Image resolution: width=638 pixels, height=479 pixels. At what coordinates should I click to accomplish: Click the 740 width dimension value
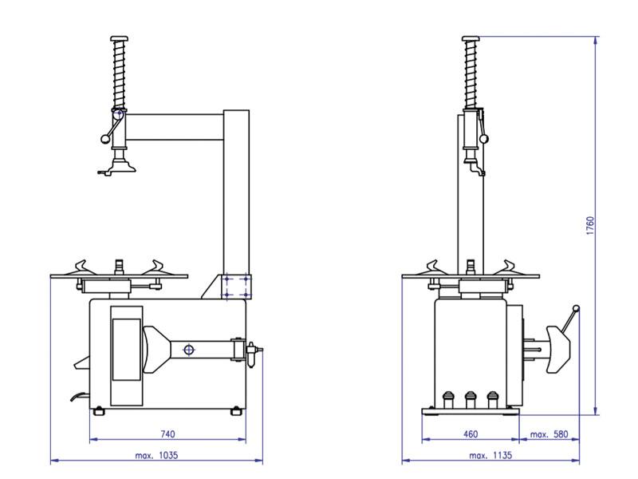167,434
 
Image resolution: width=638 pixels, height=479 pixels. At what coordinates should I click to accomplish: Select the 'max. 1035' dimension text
156,455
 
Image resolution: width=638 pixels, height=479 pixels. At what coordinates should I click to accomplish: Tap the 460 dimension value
470,434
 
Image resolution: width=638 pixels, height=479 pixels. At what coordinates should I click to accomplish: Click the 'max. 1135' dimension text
490,455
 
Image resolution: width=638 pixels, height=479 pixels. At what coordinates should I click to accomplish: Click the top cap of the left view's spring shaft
120,39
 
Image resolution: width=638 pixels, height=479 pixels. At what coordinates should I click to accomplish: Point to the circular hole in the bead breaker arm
188,349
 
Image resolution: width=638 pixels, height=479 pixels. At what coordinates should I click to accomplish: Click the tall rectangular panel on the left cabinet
125,348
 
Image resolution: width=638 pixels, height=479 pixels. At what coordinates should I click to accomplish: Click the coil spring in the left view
120,76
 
